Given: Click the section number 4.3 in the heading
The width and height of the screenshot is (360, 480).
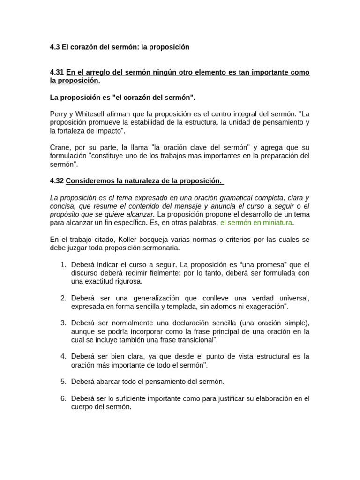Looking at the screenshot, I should coord(55,47).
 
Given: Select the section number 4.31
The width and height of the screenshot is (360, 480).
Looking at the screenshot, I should coord(57,72).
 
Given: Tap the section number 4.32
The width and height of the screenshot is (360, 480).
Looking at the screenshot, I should coord(57,180).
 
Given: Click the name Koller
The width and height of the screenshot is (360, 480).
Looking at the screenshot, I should coord(138,240).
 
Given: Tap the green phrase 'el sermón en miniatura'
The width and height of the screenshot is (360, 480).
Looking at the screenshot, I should coord(256,222).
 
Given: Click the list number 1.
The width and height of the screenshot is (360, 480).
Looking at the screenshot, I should coord(63,265).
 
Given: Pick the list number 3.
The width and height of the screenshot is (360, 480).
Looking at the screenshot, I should coord(63,323).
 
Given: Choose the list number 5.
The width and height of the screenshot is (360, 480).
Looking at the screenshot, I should coord(63,382).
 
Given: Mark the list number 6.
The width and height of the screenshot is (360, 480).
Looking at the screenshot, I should coord(63,398).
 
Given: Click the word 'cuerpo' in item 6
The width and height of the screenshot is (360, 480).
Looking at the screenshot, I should coord(82,407).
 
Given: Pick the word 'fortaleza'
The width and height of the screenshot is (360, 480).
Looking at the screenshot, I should coord(72,131).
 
